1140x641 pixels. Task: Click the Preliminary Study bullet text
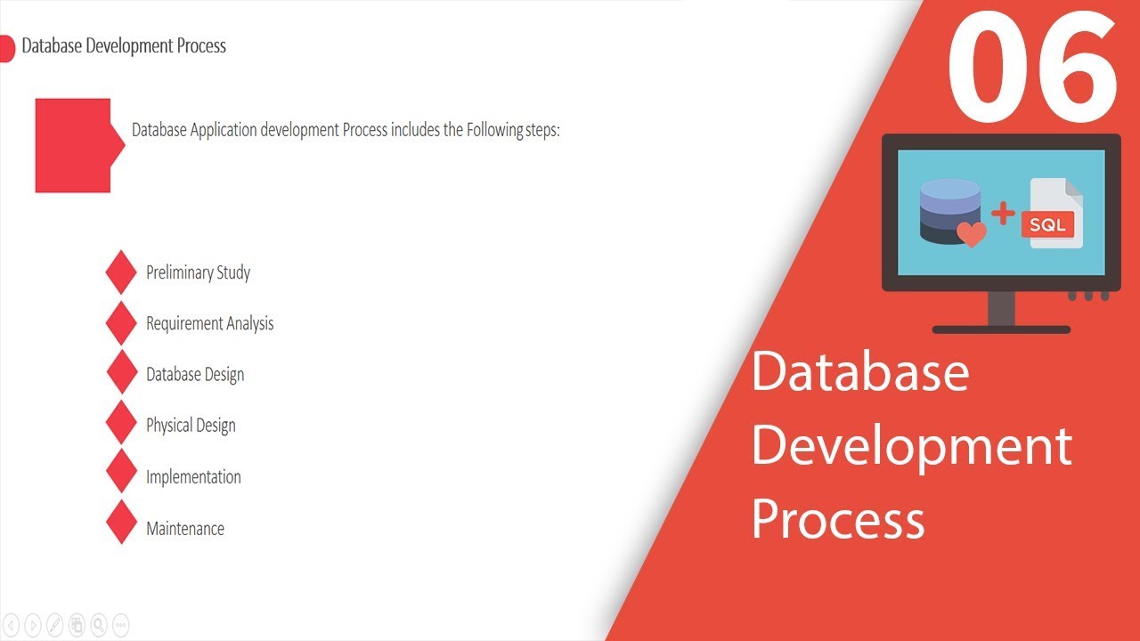click(x=198, y=272)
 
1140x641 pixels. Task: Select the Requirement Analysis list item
click(x=209, y=324)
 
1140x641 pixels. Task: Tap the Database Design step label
click(x=195, y=375)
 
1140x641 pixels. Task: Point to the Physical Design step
click(x=191, y=426)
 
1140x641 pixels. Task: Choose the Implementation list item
click(x=193, y=477)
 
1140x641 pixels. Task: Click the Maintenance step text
click(x=185, y=529)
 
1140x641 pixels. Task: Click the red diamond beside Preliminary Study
click(x=121, y=272)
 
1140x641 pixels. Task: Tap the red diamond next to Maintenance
click(x=121, y=522)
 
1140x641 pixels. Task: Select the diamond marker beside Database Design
click(x=121, y=372)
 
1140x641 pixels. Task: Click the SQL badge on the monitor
click(x=1047, y=224)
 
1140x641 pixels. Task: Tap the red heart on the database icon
click(x=971, y=234)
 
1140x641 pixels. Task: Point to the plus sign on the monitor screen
click(x=1003, y=213)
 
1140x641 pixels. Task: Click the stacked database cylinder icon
click(x=949, y=209)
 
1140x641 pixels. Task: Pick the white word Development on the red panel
click(x=911, y=448)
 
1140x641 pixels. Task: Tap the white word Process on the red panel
click(x=838, y=519)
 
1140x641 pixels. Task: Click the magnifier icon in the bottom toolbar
click(x=99, y=624)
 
